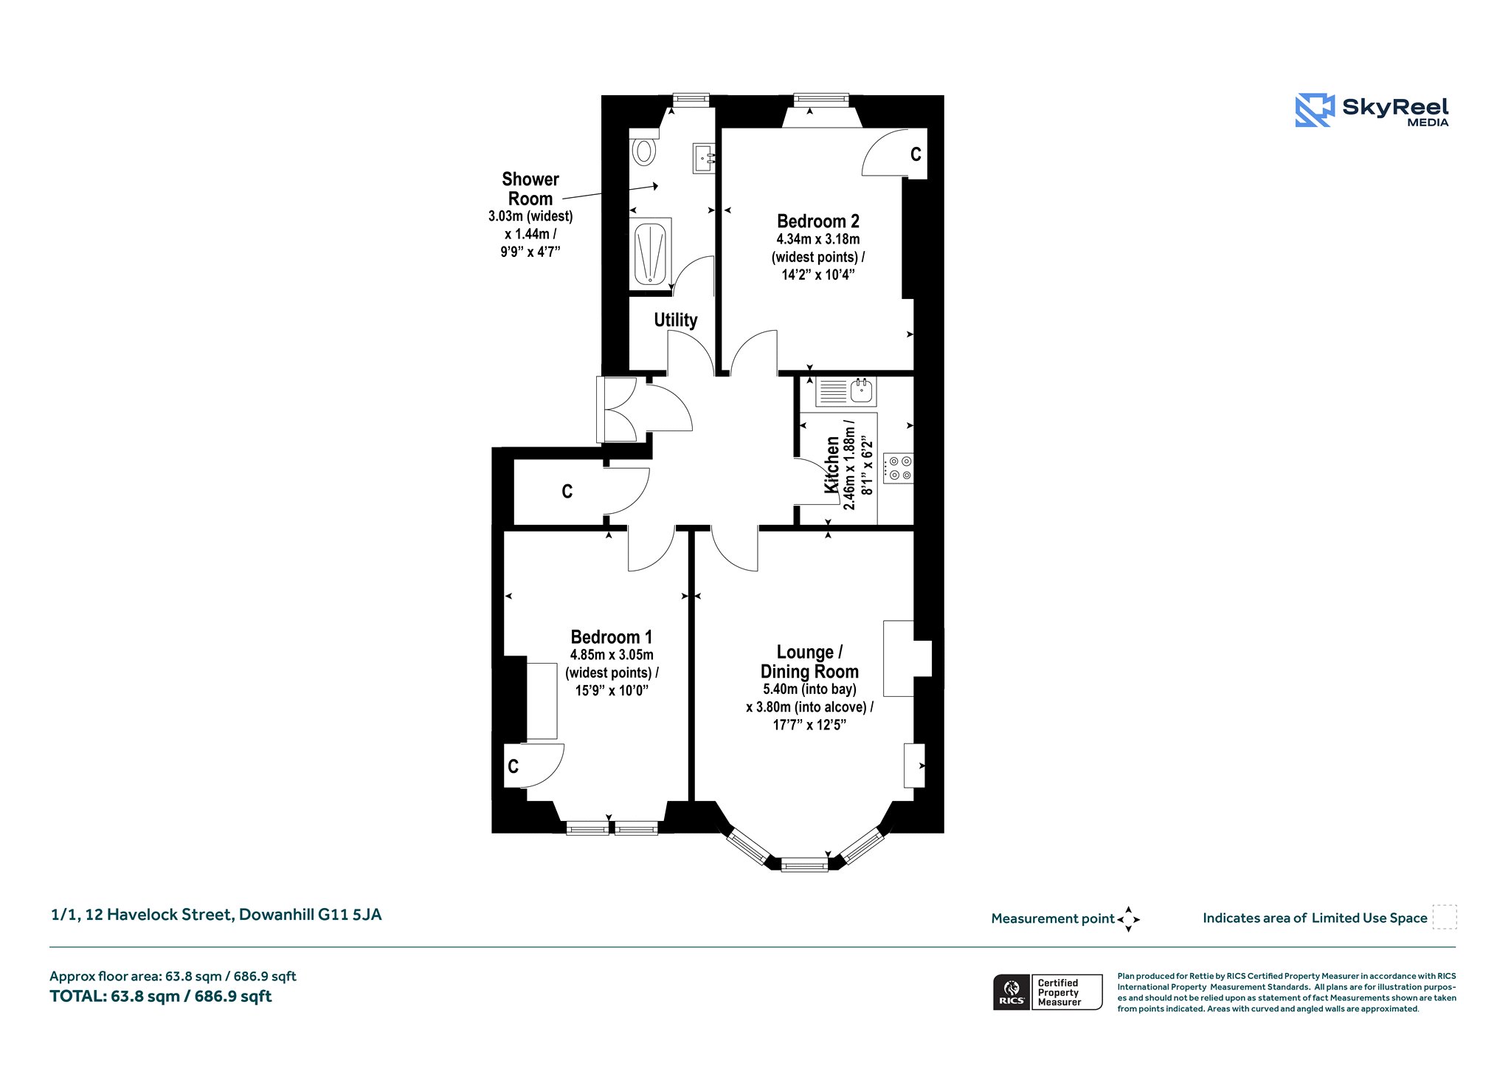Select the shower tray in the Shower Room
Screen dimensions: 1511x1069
click(x=651, y=254)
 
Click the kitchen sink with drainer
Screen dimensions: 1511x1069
click(x=846, y=391)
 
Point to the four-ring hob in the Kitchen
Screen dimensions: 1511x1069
click(x=899, y=468)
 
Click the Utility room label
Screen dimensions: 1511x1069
click(x=675, y=320)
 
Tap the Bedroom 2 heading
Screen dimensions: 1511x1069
click(x=818, y=221)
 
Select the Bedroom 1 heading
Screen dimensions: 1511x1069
click(x=612, y=636)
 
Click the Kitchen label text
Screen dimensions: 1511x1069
click(x=831, y=464)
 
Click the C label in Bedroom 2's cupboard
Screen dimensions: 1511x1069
click(x=916, y=154)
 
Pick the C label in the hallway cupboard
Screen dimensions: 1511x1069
click(x=567, y=492)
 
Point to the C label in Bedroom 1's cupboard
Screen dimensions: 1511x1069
click(x=513, y=766)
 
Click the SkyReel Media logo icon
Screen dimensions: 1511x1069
click(x=1315, y=110)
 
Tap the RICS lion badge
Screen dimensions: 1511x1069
click(x=1012, y=992)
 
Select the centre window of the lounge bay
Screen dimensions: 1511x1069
click(x=804, y=864)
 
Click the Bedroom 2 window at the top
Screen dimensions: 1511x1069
click(x=821, y=100)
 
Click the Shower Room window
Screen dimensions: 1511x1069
click(x=691, y=100)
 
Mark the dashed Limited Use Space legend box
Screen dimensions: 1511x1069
click(x=1445, y=917)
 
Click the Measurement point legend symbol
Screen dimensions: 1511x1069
click(x=1128, y=919)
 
